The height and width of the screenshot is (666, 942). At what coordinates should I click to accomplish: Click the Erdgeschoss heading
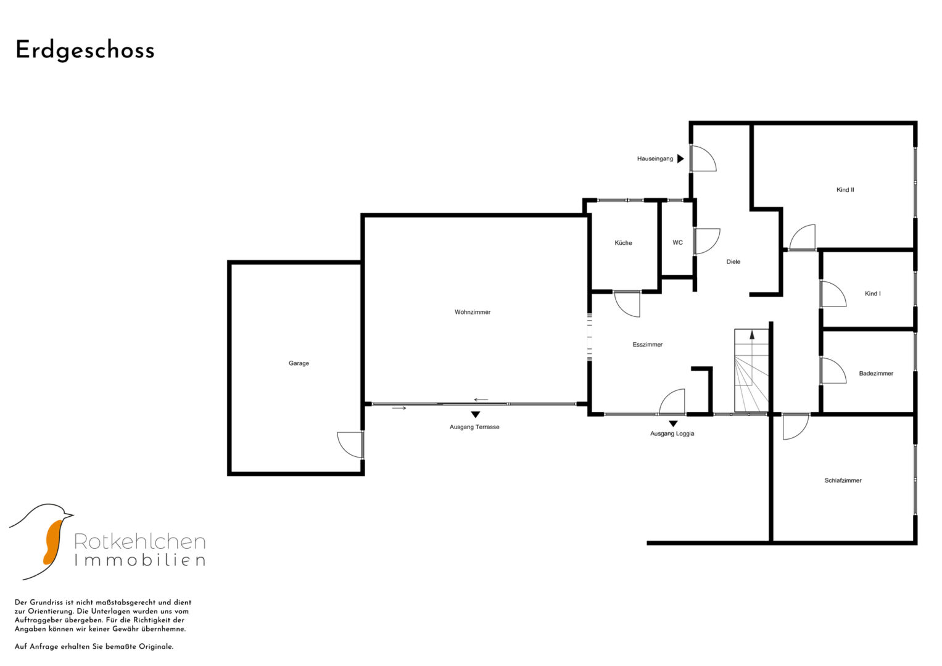(85, 51)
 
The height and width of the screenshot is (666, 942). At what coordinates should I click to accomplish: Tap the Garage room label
(299, 363)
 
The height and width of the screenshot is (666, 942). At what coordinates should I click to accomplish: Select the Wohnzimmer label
(473, 312)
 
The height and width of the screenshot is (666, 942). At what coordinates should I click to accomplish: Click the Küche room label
(623, 242)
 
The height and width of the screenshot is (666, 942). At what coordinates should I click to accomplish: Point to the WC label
(677, 242)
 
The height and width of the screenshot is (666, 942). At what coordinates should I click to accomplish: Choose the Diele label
(733, 261)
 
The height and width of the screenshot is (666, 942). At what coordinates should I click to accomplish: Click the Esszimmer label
(648, 344)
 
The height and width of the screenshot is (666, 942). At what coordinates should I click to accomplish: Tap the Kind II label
(845, 190)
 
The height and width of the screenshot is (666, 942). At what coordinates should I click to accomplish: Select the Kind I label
(873, 294)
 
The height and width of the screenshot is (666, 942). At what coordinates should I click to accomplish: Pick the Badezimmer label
(876, 373)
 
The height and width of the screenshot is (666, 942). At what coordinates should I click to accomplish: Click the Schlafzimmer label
(843, 480)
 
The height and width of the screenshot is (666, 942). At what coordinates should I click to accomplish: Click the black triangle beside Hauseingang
(680, 158)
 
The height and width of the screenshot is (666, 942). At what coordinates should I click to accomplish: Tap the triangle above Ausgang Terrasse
(476, 414)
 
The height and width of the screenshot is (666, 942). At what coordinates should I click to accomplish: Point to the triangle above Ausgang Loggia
(673, 424)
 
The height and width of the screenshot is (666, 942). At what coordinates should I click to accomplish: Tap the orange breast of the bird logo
(52, 542)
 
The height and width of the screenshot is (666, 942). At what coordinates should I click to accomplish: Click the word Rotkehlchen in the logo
(140, 541)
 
